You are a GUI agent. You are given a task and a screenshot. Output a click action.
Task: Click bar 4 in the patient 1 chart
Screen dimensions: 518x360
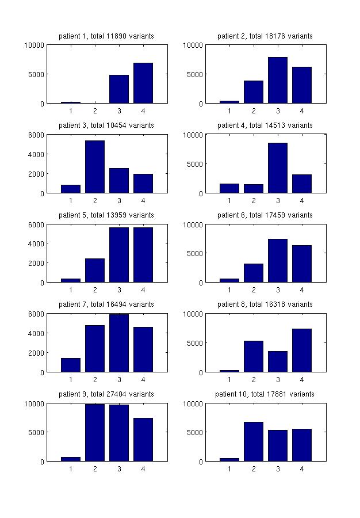click(x=143, y=83)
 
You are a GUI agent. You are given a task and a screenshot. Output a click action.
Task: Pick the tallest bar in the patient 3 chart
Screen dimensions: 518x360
click(x=95, y=167)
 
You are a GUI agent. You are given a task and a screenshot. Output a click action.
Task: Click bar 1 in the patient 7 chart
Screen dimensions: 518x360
click(x=71, y=365)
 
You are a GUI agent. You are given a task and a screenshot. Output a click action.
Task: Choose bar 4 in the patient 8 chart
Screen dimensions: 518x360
click(x=302, y=351)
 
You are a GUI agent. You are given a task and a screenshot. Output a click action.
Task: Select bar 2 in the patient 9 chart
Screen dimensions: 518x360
click(x=95, y=432)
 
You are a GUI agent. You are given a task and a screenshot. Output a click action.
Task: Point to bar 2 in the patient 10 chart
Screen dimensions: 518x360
click(x=254, y=441)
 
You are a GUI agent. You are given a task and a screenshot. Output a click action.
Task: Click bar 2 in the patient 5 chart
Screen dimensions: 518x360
click(x=95, y=271)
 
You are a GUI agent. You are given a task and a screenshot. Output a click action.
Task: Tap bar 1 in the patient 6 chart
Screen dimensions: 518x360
click(x=229, y=280)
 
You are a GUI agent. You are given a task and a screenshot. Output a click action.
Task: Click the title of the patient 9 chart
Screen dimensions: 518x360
click(x=106, y=394)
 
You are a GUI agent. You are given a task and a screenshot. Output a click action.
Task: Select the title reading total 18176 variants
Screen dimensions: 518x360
click(x=265, y=36)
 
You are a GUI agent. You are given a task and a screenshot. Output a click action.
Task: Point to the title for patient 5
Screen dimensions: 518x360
click(x=106, y=215)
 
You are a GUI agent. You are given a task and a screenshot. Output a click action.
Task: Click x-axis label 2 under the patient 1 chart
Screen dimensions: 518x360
click(x=95, y=111)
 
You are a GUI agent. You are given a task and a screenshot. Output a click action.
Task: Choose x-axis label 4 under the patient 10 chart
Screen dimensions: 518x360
click(x=302, y=469)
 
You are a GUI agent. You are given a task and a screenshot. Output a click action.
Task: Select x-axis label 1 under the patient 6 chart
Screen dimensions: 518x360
click(x=229, y=290)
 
